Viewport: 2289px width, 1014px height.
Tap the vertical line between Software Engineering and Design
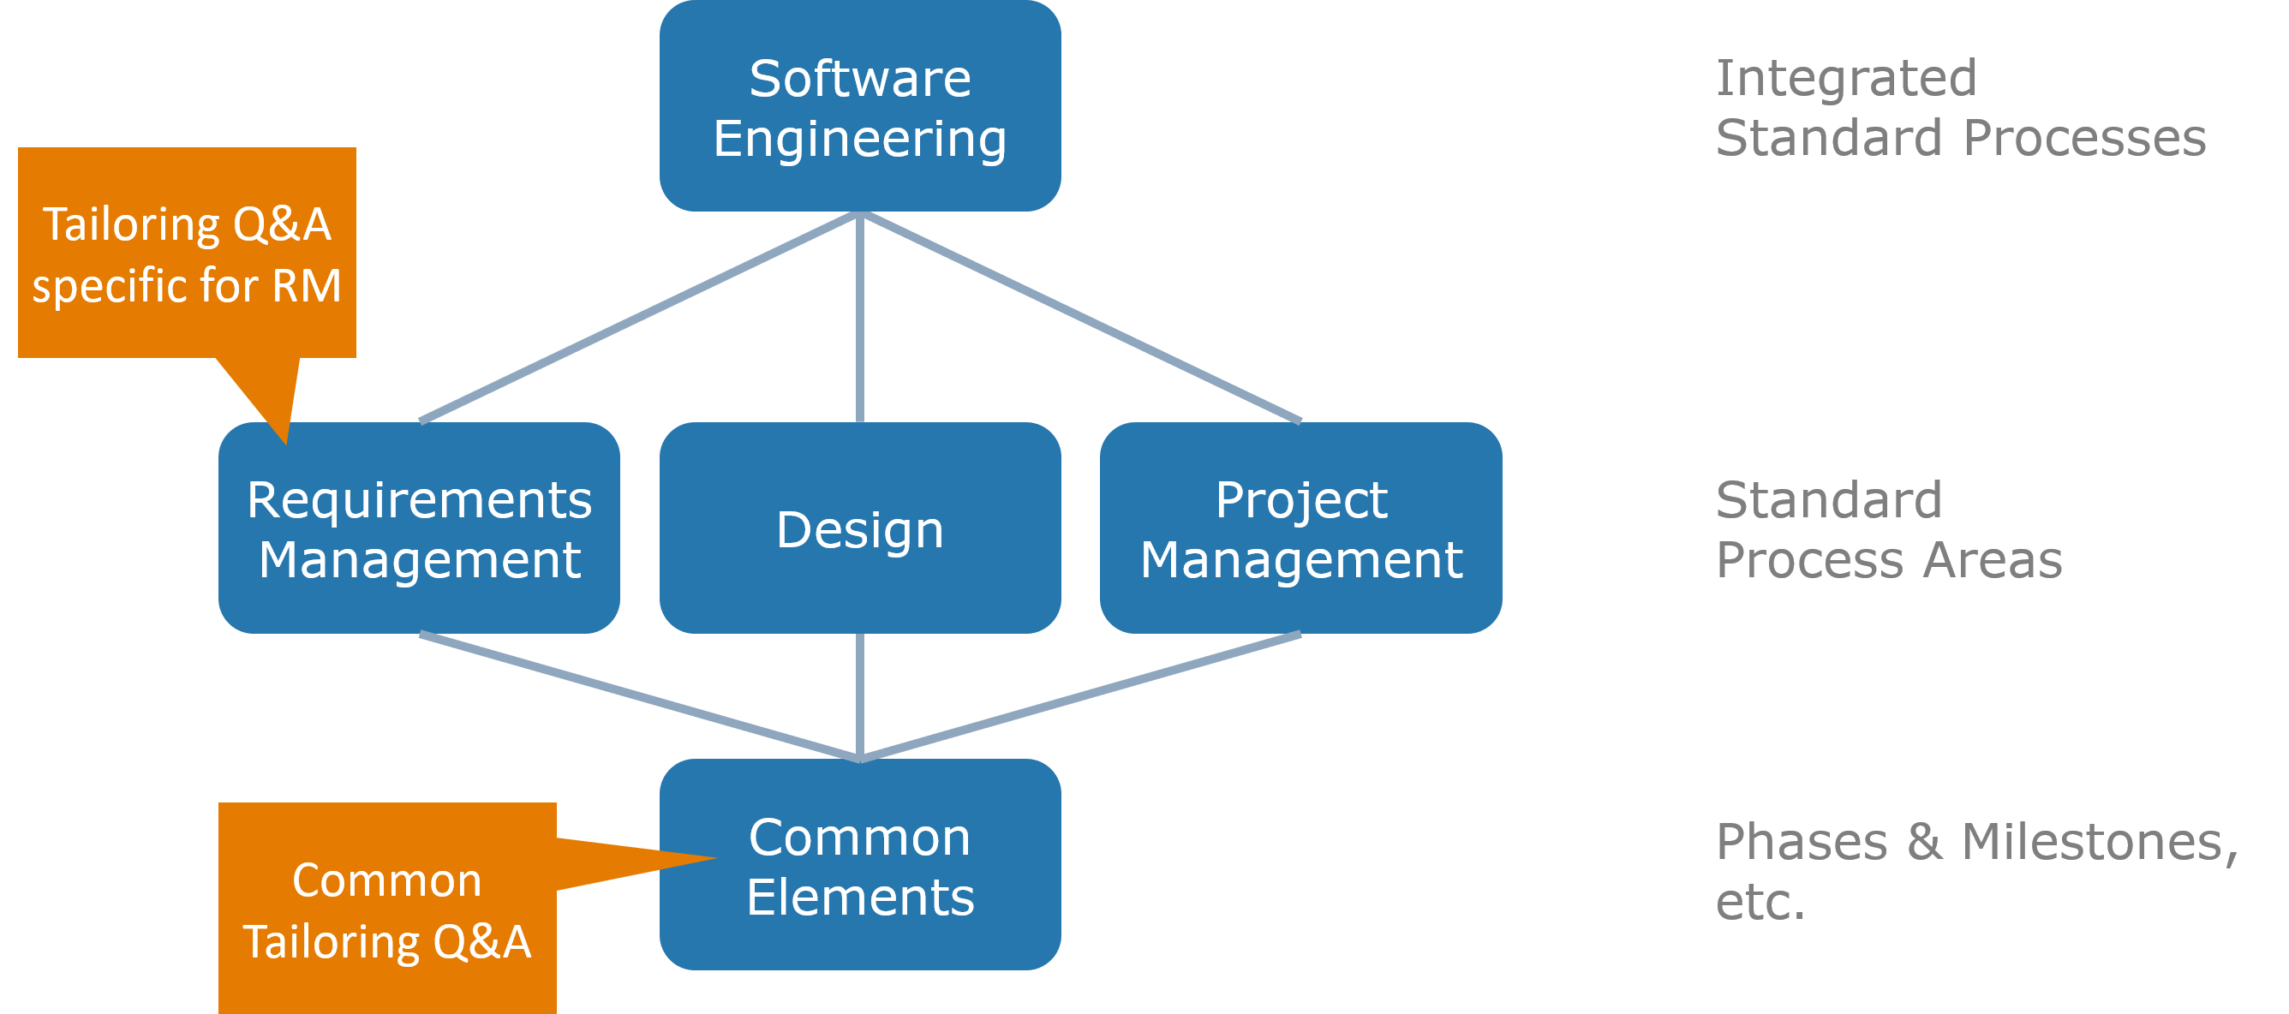pos(859,318)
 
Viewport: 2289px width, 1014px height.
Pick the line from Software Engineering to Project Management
pos(1081,318)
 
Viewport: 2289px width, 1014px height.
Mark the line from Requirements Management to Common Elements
pos(640,698)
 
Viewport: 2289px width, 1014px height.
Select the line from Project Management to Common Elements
pos(1081,698)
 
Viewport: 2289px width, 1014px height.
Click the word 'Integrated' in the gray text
pos(1845,78)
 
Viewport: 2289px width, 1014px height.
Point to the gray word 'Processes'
pos(2084,138)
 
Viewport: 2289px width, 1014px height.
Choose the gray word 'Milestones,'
pos(2099,842)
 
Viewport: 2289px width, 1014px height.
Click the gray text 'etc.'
pos(1760,901)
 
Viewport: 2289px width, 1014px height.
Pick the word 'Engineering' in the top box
pos(859,140)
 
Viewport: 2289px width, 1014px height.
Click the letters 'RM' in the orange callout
pos(307,285)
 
